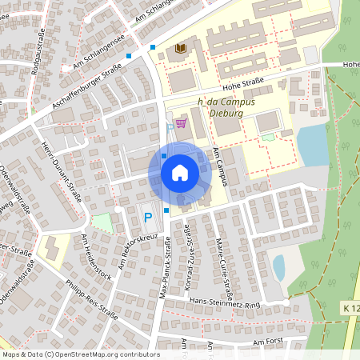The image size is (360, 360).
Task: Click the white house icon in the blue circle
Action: click(x=180, y=173)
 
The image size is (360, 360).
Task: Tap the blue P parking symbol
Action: click(x=147, y=217)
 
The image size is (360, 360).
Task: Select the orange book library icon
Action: click(x=181, y=49)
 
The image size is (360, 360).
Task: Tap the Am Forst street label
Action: click(x=268, y=342)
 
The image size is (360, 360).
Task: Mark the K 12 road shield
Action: click(x=350, y=308)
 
